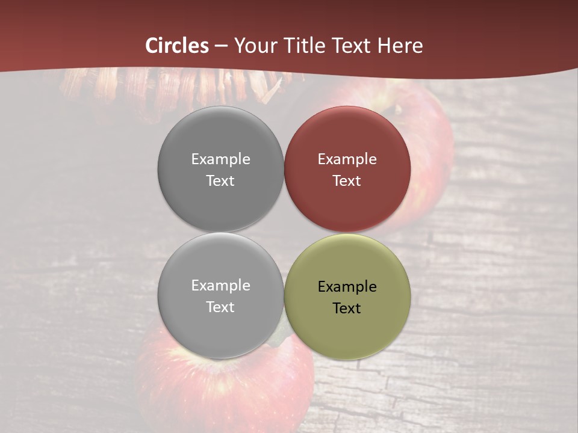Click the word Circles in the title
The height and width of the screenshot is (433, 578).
(177, 46)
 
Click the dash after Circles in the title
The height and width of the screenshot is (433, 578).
(221, 46)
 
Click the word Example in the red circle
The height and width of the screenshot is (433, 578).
(347, 159)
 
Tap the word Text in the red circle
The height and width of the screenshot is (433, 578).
(347, 180)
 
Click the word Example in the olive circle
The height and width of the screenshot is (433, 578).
(347, 286)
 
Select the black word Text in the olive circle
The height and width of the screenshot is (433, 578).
(347, 308)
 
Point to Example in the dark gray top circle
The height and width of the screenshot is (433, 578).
(220, 159)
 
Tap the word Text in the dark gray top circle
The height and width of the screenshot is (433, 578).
(220, 180)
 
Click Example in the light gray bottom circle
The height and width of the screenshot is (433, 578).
(220, 285)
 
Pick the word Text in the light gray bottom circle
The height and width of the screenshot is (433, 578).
(220, 307)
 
